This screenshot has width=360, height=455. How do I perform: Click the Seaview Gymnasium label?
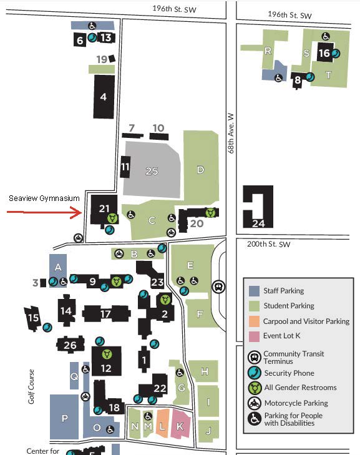pos(44,198)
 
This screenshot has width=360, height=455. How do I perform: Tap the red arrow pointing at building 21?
pos(44,212)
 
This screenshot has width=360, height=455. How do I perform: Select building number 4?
pos(104,97)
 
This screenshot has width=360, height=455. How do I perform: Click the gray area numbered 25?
pos(152,170)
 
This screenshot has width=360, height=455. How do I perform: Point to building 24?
pos(258,207)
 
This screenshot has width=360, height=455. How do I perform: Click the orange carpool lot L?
pos(162,423)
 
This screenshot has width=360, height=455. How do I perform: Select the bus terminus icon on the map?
pos(218,286)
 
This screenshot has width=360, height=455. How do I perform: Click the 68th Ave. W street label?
pos(231,133)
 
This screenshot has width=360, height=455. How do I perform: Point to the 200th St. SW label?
pos(269,244)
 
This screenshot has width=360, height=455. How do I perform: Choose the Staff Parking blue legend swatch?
pos(254,291)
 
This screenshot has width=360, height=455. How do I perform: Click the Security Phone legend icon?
pos(255,373)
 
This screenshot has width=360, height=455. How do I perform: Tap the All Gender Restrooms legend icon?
pos(255,388)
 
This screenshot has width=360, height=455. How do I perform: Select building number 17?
pos(106,313)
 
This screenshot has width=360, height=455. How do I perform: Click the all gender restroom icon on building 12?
pos(107,354)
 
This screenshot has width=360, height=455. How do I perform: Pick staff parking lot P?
pos(64,417)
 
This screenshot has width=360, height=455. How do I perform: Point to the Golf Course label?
pos(31,386)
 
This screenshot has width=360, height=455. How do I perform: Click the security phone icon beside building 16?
pos(335,54)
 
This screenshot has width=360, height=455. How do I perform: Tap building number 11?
pos(125,167)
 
